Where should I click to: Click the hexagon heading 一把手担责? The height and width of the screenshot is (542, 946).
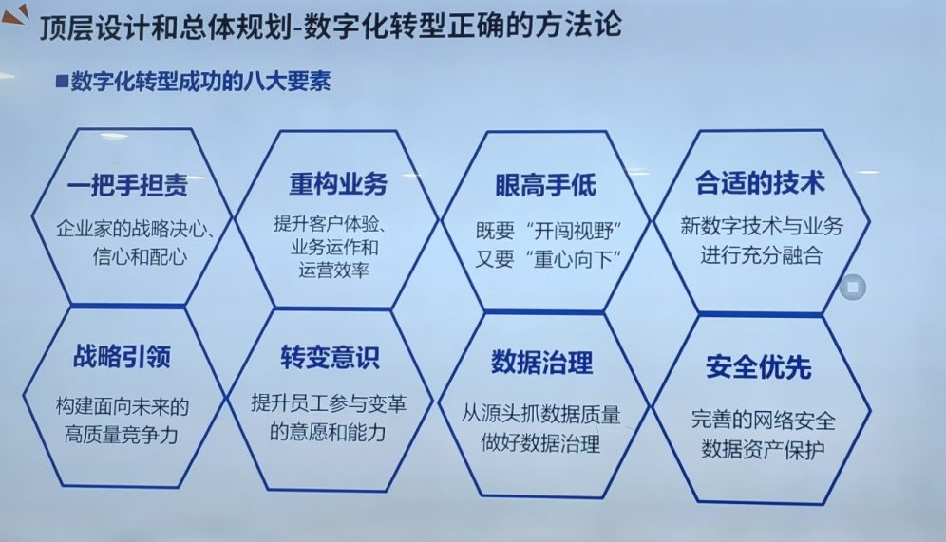(127, 184)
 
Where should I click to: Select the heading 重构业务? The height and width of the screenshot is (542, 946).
(338, 183)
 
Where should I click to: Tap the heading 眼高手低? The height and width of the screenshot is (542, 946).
(545, 185)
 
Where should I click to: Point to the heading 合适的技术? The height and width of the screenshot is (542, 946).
(760, 182)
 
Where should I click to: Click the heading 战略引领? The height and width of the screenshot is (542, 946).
(122, 356)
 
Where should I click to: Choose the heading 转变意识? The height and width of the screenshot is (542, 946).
(330, 357)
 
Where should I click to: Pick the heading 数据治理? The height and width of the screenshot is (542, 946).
(541, 362)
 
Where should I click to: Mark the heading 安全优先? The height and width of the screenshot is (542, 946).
(758, 366)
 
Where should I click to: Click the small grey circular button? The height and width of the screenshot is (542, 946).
(853, 287)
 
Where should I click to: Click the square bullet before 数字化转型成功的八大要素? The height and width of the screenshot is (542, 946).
(62, 81)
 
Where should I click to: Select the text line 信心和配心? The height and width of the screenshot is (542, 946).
(140, 257)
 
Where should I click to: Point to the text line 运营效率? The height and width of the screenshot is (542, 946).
(333, 270)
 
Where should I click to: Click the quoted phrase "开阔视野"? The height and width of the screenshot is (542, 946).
(574, 231)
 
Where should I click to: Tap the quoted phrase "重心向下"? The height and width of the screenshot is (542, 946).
(574, 259)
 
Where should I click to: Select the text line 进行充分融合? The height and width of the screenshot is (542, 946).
(762, 254)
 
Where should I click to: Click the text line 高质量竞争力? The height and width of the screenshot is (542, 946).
(122, 434)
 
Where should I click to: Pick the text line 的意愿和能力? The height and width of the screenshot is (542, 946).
(328, 432)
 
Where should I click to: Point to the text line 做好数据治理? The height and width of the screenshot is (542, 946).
(540, 443)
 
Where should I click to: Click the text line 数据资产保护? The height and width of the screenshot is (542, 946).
(763, 449)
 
